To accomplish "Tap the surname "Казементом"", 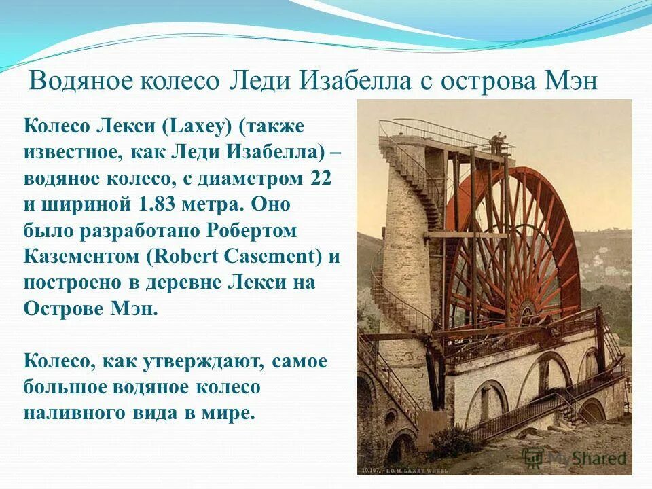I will coord(81,257).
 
